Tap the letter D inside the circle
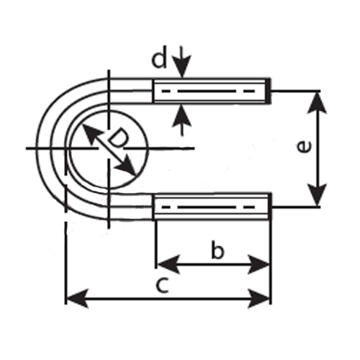coord(118,139)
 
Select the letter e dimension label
coord(304,147)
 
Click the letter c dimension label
coord(162,285)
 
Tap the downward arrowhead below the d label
coord(183,66)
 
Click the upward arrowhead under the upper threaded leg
coord(182,116)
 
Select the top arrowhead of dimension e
coord(318,103)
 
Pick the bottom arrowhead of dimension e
coord(318,195)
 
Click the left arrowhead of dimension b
coord(168,264)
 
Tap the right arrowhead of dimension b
coord(258,264)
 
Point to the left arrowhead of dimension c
coord(77,299)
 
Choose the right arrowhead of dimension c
coord(258,299)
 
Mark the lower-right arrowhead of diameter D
coord(127,166)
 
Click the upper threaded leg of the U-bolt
coord(212,91)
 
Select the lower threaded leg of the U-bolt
coord(212,207)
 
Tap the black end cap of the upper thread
coord(269,91)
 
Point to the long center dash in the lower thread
coord(205,207)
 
